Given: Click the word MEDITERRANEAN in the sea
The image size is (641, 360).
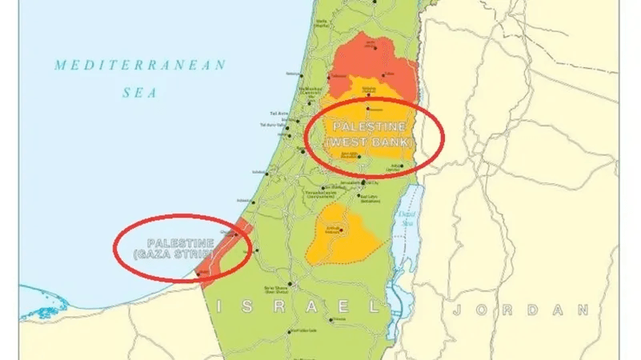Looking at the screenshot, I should (140, 66).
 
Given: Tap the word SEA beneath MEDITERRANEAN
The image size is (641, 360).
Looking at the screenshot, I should (140, 92).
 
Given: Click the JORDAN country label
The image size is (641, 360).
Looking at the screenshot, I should (520, 310).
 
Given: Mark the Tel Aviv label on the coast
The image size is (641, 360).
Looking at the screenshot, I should (274, 113).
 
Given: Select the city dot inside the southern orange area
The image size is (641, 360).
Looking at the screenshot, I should (342, 232).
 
